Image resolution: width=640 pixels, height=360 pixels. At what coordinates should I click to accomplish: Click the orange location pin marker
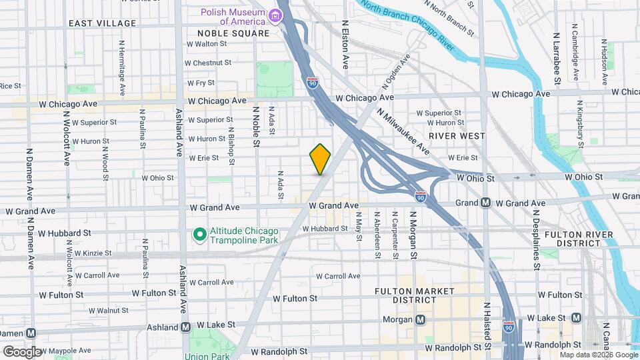(x=320, y=159)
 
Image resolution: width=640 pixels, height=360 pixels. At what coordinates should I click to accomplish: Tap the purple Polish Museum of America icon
(x=275, y=15)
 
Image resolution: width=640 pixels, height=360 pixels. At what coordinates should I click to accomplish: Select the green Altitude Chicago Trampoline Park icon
(x=198, y=234)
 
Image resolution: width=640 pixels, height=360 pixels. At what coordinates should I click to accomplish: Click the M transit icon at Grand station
(x=486, y=203)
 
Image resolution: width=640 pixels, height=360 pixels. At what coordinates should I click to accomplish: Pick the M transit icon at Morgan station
(x=420, y=319)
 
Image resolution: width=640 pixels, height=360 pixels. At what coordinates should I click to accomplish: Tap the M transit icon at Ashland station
(x=186, y=327)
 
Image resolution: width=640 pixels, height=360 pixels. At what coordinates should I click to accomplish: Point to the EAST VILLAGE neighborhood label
(x=102, y=23)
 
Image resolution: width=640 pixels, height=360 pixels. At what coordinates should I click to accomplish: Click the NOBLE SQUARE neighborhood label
(x=233, y=33)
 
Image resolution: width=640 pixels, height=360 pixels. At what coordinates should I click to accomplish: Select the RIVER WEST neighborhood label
(x=452, y=135)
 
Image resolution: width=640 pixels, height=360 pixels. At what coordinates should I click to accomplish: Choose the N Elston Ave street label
(x=345, y=45)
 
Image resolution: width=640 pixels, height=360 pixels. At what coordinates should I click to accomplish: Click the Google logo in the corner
(x=23, y=351)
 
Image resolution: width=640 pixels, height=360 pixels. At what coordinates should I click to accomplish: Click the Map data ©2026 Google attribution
(x=594, y=355)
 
